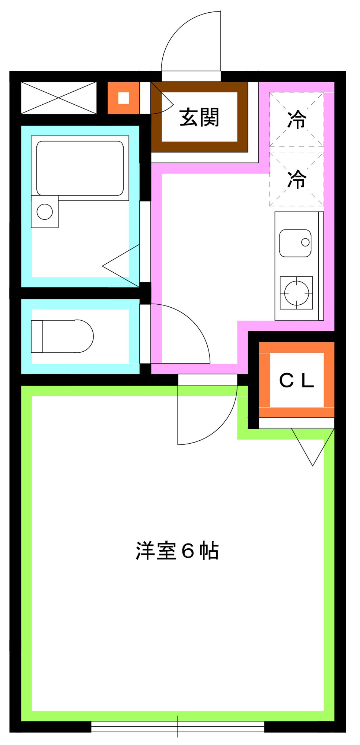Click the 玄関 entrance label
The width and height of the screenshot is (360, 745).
[199, 117]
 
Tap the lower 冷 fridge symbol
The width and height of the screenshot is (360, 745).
[297, 179]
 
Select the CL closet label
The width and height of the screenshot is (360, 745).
[297, 380]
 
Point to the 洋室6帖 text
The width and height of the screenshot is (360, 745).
[177, 551]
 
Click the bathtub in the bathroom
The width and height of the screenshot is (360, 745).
[80, 168]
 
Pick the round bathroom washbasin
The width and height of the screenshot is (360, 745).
[45, 212]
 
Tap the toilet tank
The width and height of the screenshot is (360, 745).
[36, 336]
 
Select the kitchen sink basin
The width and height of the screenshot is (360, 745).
[295, 243]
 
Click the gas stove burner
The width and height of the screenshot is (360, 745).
[296, 293]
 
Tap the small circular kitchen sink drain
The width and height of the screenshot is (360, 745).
[305, 242]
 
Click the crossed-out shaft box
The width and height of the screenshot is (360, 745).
[59, 98]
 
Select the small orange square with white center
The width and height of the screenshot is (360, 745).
[124, 98]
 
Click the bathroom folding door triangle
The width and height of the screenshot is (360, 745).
[121, 266]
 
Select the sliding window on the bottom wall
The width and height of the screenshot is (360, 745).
[178, 726]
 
